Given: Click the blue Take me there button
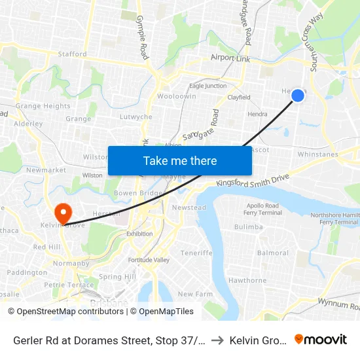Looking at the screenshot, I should coord(180,160).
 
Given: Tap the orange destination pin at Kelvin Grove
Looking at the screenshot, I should coord(63,212).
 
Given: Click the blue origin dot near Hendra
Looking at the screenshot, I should coord(297,96).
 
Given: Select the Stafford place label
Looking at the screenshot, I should coord(72,54).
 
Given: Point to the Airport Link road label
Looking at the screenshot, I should coord(230,58).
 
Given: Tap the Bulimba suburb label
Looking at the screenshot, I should coord(248,226).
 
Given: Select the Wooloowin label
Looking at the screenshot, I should coord(177,96).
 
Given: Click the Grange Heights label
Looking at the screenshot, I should coord(43,106).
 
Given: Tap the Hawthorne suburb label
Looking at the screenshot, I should coord(247,280).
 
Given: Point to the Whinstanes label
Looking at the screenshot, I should coord(317,154).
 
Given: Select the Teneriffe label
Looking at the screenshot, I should coord(197,253).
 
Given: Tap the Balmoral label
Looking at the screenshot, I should coord(273,253).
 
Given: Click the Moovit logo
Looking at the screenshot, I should coord(320,339).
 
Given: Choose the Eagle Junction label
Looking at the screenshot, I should coord(207,86).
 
